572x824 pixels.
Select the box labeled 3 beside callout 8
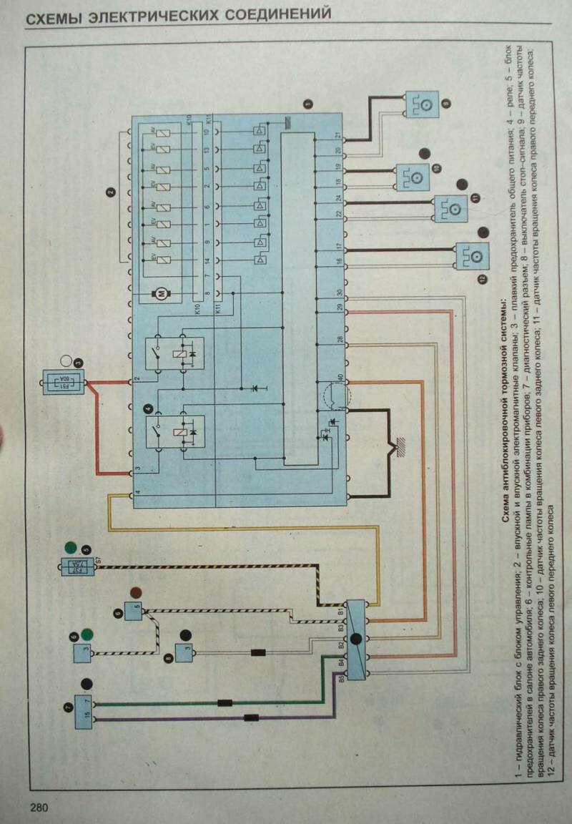tap(184, 652)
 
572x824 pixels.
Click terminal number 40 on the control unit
tap(339, 378)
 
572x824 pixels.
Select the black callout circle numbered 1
tap(308, 104)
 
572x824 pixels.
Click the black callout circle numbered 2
tap(110, 191)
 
